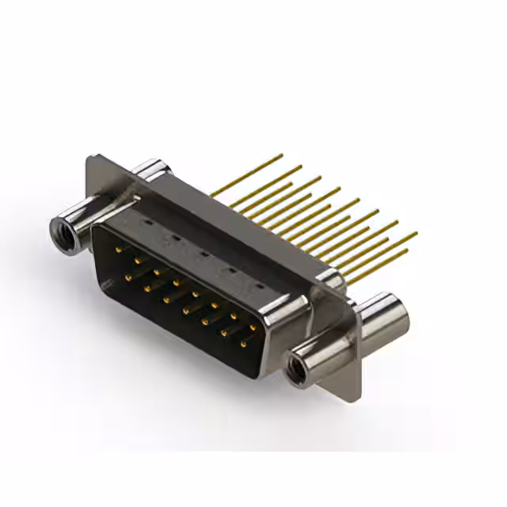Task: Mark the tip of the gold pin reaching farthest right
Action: [416, 234]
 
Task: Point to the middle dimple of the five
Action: [204, 254]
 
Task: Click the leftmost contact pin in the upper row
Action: [119, 249]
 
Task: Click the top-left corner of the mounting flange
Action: [91, 158]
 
